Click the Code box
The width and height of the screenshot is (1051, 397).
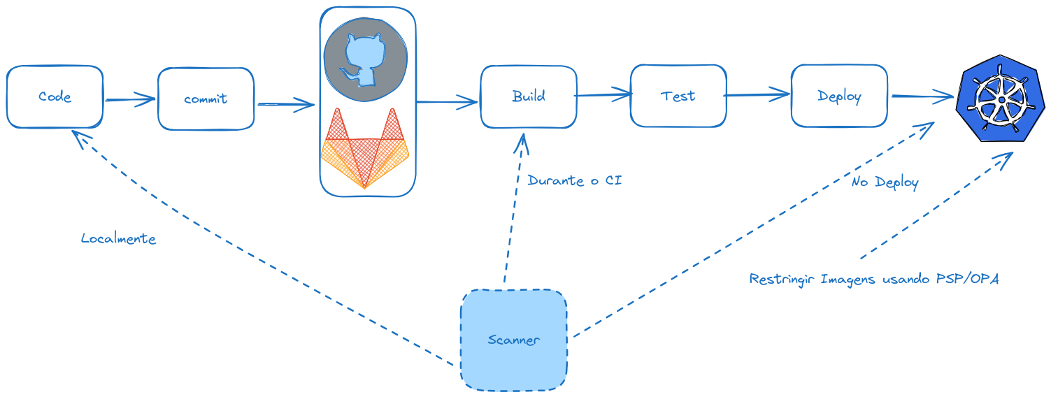(55, 97)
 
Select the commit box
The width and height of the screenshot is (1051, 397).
(206, 99)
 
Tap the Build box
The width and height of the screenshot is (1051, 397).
(528, 96)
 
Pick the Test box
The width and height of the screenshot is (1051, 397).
(678, 96)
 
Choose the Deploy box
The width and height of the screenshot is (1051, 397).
(839, 96)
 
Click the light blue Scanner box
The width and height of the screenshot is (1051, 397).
(513, 340)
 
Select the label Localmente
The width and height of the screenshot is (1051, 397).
(118, 239)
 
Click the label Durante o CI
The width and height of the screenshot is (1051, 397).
(574, 181)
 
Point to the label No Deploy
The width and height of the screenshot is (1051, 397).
(885, 183)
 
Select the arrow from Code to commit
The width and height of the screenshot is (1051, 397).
(129, 100)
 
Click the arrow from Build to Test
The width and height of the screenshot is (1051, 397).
(603, 93)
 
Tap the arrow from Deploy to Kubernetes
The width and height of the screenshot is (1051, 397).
(922, 96)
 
